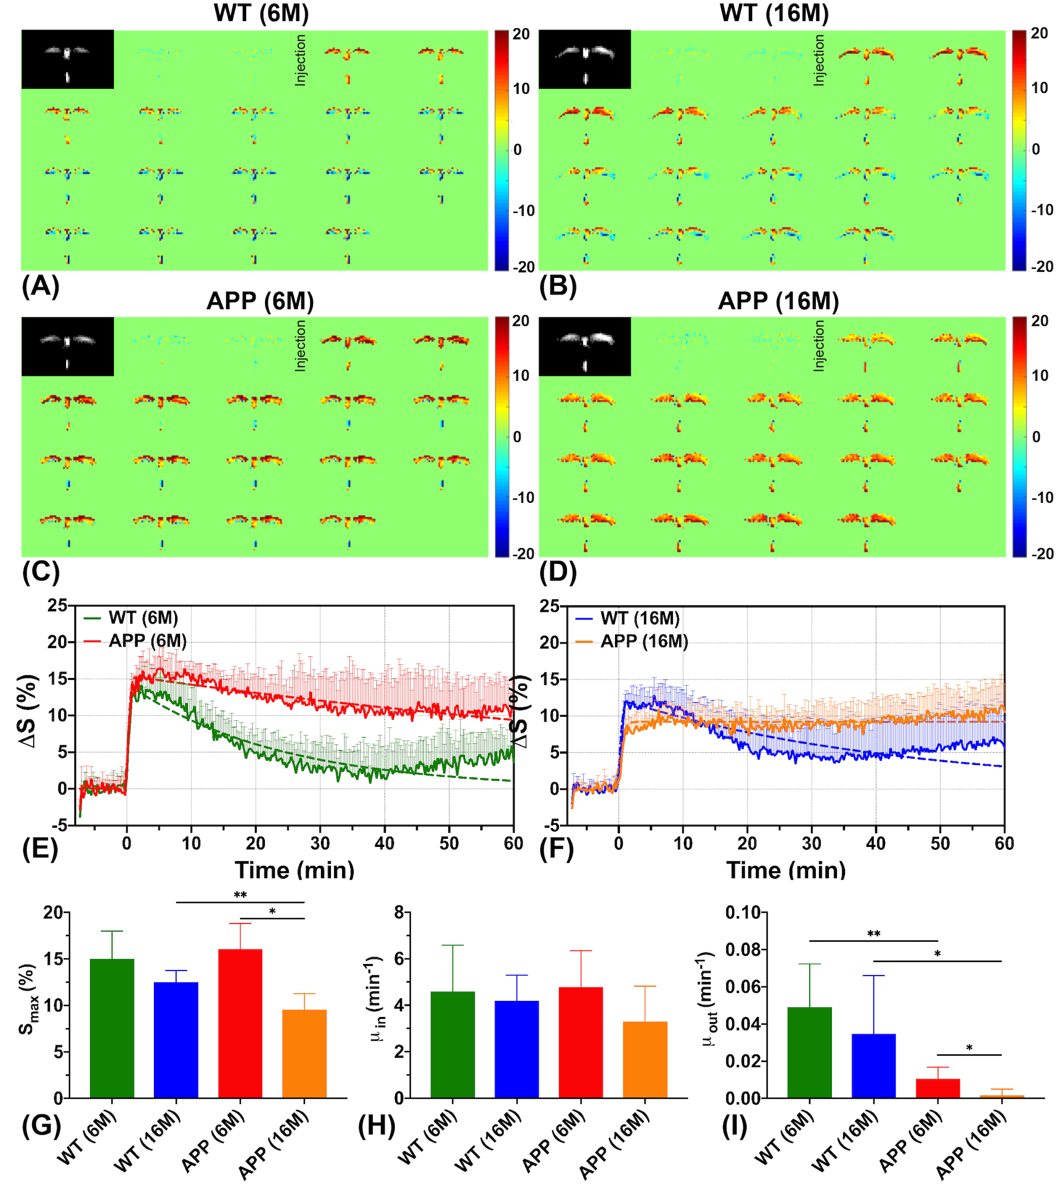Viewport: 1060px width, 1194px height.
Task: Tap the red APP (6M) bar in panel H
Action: [x=580, y=1043]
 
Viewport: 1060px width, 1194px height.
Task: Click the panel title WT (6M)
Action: [x=261, y=13]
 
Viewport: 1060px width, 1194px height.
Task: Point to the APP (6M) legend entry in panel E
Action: [x=147, y=642]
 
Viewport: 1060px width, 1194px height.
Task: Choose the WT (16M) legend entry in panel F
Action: [x=640, y=618]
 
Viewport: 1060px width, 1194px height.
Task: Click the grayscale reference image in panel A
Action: [x=68, y=60]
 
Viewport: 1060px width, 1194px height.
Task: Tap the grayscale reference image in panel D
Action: [x=584, y=347]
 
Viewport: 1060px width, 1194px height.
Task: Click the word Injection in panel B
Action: [x=819, y=60]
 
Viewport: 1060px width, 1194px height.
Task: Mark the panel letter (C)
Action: [x=40, y=573]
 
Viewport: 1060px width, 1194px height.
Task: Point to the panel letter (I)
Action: [x=734, y=1126]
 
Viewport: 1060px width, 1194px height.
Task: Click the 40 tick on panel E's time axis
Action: [x=384, y=843]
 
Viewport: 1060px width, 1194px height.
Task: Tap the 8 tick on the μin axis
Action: [x=399, y=913]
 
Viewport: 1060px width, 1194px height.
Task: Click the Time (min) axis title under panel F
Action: [x=786, y=870]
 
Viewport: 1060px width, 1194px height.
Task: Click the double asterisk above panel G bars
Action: [x=240, y=895]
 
